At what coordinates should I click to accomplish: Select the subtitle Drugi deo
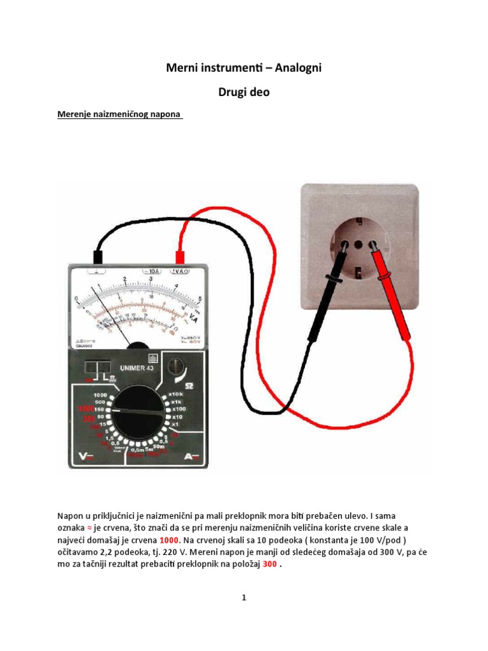pyautogui.click(x=244, y=92)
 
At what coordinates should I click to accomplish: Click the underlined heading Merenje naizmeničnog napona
pyautogui.click(x=119, y=115)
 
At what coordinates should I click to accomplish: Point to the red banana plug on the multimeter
pyautogui.click(x=180, y=256)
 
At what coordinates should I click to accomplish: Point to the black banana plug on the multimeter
pyautogui.click(x=98, y=256)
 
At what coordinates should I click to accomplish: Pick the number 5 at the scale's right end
pyautogui.click(x=200, y=299)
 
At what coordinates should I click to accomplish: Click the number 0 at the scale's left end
pyautogui.click(x=76, y=298)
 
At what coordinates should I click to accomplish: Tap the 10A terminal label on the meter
pyautogui.click(x=152, y=270)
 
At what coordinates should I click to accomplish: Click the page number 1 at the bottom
pyautogui.click(x=244, y=598)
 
